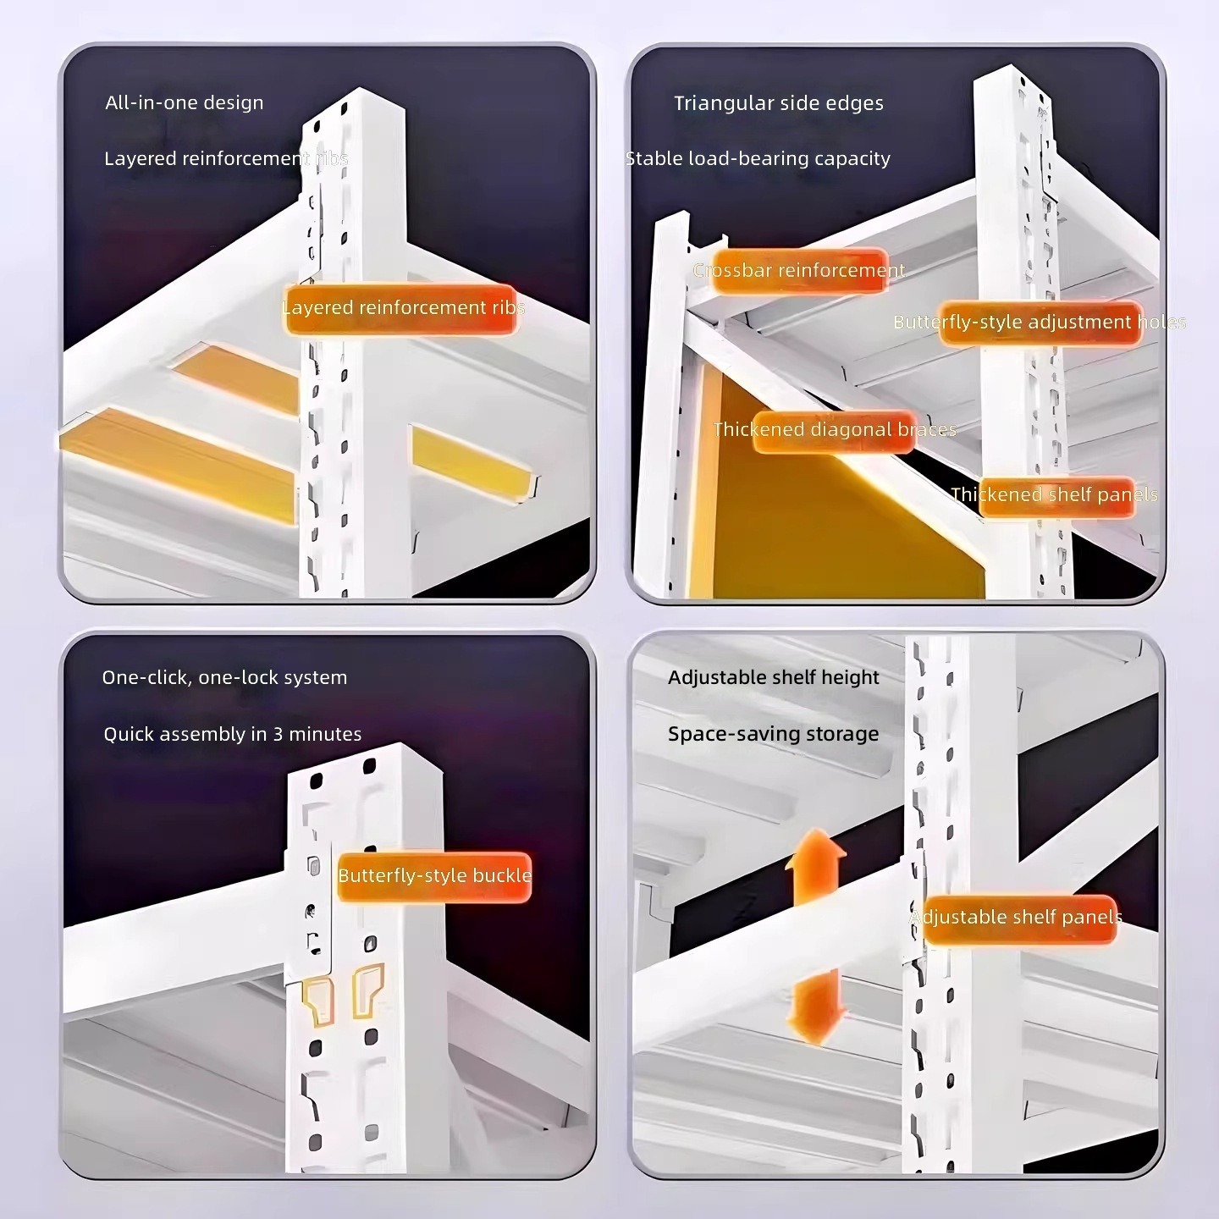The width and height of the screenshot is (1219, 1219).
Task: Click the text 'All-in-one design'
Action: click(184, 102)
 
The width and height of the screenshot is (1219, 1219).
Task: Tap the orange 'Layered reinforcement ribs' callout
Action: click(401, 309)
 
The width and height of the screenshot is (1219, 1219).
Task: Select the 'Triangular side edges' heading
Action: click(779, 103)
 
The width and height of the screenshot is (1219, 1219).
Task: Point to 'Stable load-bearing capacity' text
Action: click(758, 158)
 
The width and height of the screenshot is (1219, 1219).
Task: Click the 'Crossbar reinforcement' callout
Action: click(800, 271)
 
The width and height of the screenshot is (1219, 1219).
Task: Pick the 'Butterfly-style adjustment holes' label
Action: click(1040, 323)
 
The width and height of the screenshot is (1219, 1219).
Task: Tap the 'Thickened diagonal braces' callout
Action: click(835, 430)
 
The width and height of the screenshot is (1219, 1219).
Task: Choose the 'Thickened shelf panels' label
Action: click(1055, 495)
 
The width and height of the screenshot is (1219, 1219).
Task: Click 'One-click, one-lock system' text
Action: click(224, 677)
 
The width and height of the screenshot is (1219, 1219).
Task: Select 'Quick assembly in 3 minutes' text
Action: click(233, 734)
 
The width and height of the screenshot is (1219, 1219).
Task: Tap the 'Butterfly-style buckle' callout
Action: click(434, 876)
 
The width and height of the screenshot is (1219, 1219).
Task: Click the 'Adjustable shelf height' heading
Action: click(774, 677)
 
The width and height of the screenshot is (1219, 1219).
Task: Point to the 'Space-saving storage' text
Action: click(774, 734)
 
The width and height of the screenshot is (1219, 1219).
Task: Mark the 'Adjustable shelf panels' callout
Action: click(1017, 918)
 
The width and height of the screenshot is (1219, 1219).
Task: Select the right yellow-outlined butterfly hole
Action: click(367, 990)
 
